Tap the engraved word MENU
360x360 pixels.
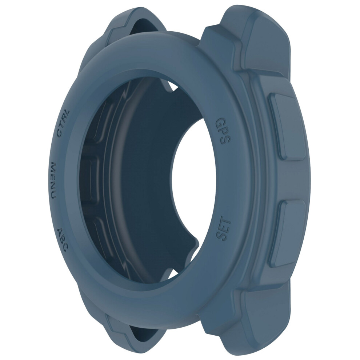click(53, 180)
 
